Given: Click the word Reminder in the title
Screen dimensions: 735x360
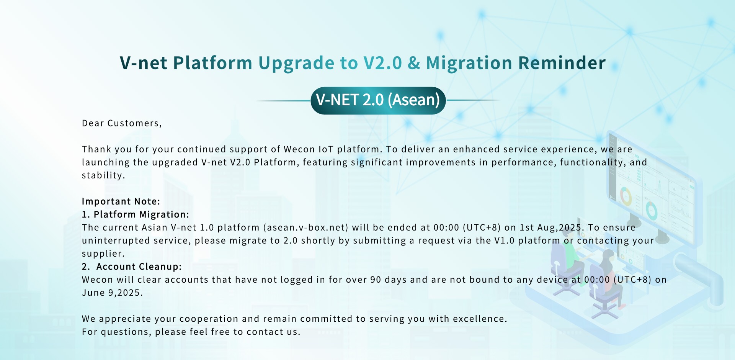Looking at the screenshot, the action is (x=562, y=63).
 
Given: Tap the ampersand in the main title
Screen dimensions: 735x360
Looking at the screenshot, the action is (x=414, y=63).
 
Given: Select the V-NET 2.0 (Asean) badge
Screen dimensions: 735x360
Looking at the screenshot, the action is (x=378, y=100).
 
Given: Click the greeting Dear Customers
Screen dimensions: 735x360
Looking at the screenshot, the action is (x=122, y=123).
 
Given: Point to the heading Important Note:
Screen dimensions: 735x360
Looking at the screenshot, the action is (x=121, y=201).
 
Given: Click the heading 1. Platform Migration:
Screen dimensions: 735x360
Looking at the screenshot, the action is (x=136, y=214).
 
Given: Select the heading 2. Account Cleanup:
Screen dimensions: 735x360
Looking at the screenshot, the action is (x=132, y=267).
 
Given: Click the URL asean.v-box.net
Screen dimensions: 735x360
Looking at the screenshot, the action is (x=306, y=227).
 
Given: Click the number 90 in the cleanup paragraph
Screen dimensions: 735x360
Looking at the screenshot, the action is (x=376, y=280).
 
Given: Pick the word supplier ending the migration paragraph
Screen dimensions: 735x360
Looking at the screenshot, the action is (x=102, y=254).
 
